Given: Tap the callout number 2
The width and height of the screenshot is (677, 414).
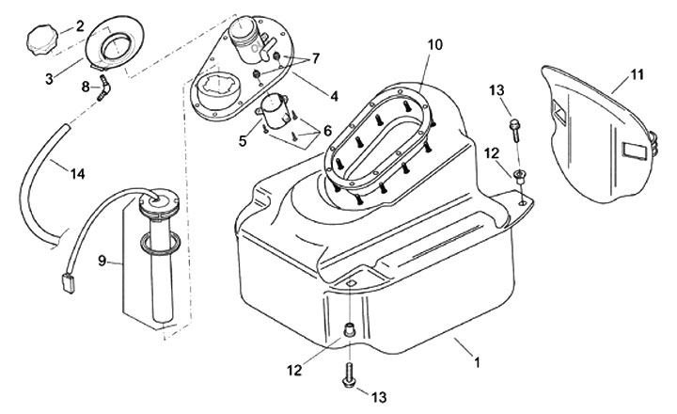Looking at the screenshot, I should point(79,25).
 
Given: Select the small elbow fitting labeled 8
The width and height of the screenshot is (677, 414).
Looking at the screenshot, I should point(108,86).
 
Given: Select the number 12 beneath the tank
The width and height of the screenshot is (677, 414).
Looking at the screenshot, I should point(295,371).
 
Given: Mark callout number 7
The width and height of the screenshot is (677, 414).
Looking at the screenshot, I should point(315,58).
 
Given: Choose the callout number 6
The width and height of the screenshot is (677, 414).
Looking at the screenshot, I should point(328,131).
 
